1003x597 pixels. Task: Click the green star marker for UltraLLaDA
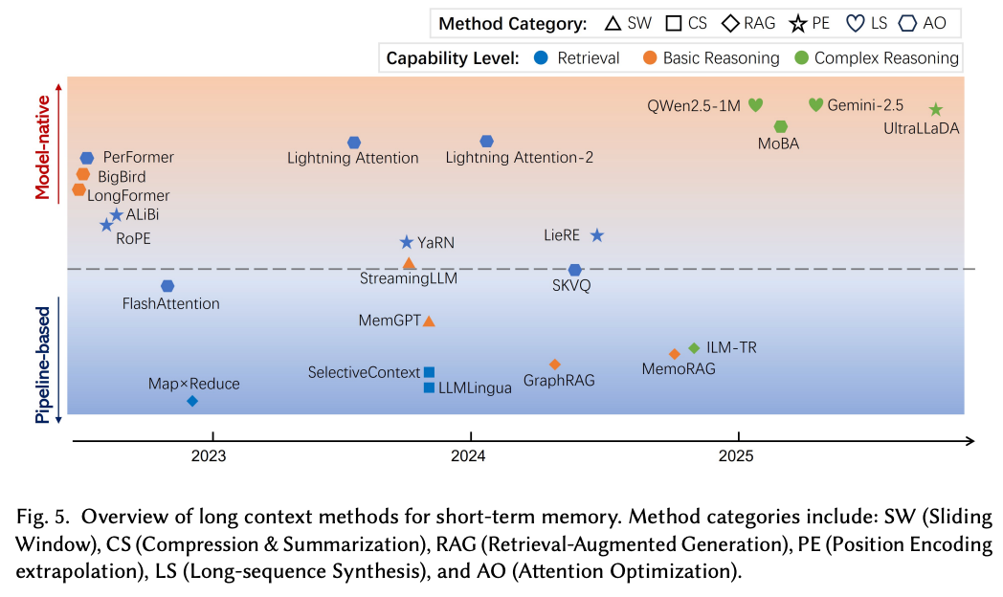(x=936, y=110)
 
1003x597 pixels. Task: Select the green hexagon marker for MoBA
(x=781, y=126)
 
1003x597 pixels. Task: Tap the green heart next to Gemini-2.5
(x=815, y=104)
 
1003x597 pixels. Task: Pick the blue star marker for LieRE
(x=597, y=235)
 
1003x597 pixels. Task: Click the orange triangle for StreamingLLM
(x=409, y=263)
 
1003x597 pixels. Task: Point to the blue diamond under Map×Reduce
(x=192, y=402)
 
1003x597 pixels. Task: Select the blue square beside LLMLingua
(x=429, y=387)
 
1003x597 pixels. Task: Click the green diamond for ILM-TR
(x=694, y=348)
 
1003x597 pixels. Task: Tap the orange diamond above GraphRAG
(x=554, y=365)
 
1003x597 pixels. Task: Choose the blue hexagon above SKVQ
(x=574, y=271)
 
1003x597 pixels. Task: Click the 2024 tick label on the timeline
(x=469, y=456)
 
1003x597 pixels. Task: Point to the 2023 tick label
(x=209, y=456)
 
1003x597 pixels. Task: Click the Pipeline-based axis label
(x=43, y=360)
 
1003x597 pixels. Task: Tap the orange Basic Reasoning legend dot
(x=650, y=58)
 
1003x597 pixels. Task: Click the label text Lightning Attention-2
(x=520, y=158)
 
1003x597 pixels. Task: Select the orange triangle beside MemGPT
(x=429, y=321)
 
